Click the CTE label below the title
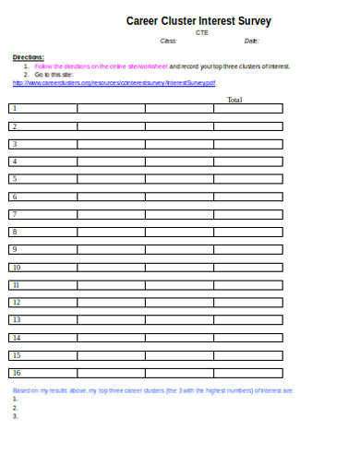pyautogui.click(x=202, y=32)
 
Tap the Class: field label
pyautogui.click(x=168, y=42)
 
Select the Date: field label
pyautogui.click(x=252, y=42)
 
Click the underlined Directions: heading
pyautogui.click(x=28, y=57)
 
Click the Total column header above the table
pyautogui.click(x=234, y=100)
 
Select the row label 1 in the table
pyautogui.click(x=15, y=108)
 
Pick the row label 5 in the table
pyautogui.click(x=15, y=178)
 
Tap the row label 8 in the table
pyautogui.click(x=15, y=231)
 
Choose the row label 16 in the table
pyautogui.click(x=17, y=372)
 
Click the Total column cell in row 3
pyautogui.click(x=248, y=143)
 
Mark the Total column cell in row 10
pyautogui.click(x=248, y=267)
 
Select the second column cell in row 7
pyautogui.click(x=111, y=214)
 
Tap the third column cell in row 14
pyautogui.click(x=179, y=337)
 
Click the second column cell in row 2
pyautogui.click(x=111, y=125)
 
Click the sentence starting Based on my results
pyautogui.click(x=153, y=391)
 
